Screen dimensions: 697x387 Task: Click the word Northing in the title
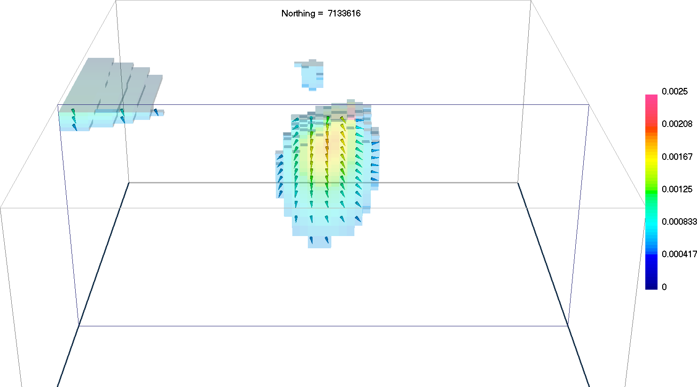tap(298, 14)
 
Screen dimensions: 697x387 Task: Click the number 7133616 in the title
tap(344, 13)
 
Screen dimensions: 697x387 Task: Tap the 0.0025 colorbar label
tap(674, 91)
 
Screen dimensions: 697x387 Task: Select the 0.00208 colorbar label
tap(677, 124)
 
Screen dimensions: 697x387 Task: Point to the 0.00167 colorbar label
tap(677, 157)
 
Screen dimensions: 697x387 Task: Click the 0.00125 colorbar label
tap(677, 190)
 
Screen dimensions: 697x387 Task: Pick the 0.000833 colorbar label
tap(679, 221)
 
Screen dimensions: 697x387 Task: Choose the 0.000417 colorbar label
tap(679, 254)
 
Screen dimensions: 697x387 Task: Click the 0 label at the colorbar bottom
tap(664, 287)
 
